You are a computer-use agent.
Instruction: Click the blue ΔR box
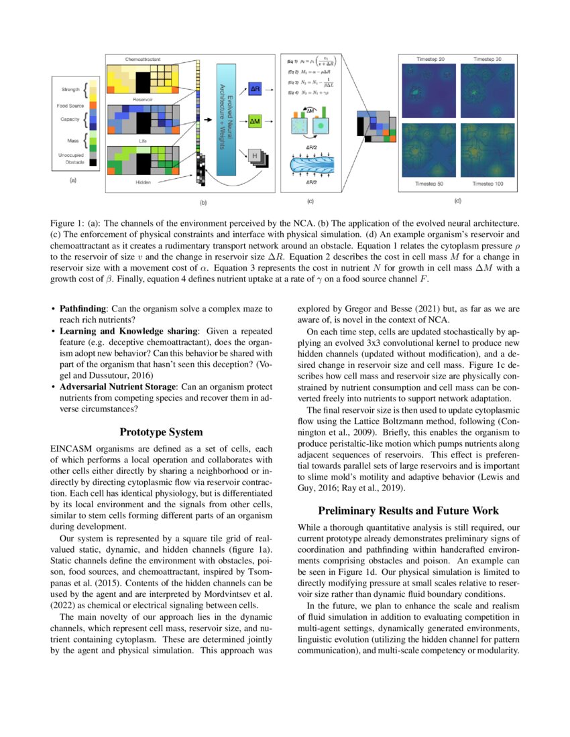pos(254,88)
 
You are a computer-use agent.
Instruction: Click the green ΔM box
pos(254,122)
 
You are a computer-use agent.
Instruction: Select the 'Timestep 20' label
pos(430,60)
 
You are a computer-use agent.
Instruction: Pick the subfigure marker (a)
pos(73,180)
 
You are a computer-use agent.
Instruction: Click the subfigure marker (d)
pos(458,199)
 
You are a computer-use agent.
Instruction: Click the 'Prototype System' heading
pos(161,432)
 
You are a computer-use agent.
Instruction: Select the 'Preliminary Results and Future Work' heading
pos(408,510)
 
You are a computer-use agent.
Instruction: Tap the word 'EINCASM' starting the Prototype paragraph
pos(70,448)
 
